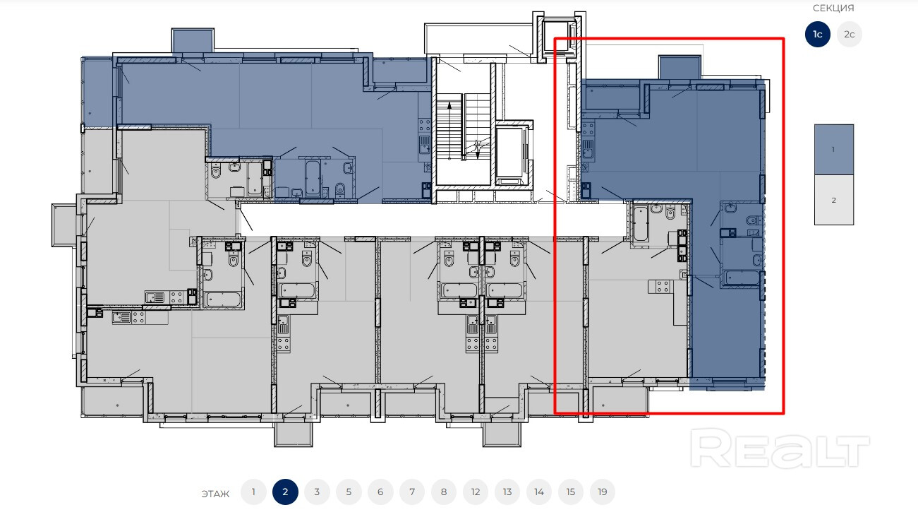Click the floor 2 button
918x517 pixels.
285,492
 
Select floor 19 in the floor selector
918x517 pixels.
602,492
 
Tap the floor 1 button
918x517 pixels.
253,492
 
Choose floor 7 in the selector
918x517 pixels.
412,492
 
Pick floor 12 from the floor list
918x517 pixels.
476,492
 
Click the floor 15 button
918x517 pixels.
570,492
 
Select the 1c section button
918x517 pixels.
818,34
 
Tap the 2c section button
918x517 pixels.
849,34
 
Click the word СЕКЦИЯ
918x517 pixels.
833,8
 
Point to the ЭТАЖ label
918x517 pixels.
215,494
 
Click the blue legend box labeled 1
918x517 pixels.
834,150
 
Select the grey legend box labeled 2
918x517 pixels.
834,201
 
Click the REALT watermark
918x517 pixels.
780,448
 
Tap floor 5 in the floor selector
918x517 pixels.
349,492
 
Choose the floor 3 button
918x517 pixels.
317,492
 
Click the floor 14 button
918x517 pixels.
539,492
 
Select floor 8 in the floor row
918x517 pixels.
443,492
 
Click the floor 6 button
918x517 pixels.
380,492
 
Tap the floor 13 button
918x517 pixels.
507,492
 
